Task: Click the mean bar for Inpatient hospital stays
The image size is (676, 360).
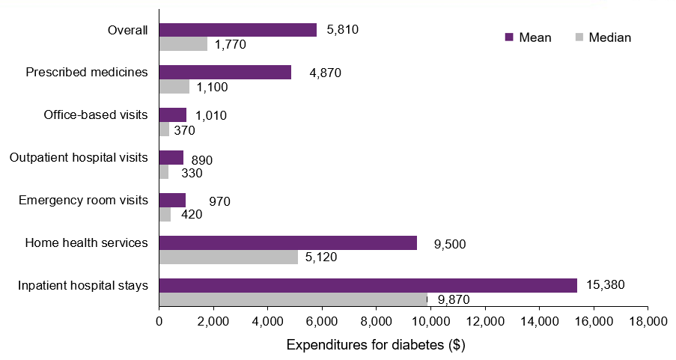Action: tap(368, 285)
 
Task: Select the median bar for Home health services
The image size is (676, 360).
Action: tap(228, 257)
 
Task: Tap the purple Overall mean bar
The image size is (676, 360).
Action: tap(237, 30)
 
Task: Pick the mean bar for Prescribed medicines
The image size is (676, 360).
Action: tap(225, 72)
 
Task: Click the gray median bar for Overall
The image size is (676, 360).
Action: tap(183, 44)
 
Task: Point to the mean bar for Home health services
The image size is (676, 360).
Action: tap(287, 242)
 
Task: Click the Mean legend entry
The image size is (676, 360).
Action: tap(529, 37)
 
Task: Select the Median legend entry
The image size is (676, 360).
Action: tap(603, 37)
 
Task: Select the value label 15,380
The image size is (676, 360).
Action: tap(605, 285)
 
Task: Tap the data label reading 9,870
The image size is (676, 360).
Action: tap(453, 300)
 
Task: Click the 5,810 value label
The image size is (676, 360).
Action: tap(344, 30)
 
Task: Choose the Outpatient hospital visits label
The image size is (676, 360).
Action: tap(79, 158)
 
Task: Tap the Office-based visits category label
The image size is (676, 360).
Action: tap(96, 115)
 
